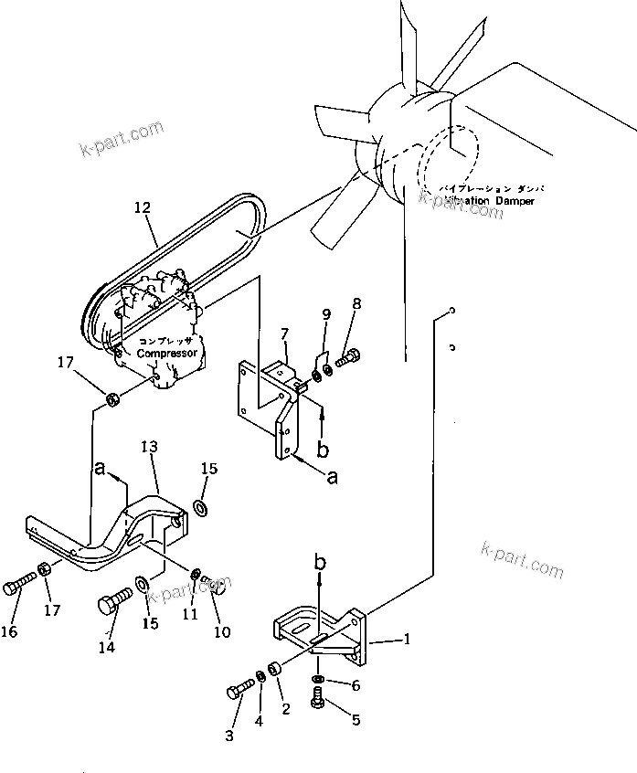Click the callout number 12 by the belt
[142, 209]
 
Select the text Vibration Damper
[489, 200]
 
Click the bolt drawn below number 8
[348, 359]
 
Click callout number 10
[221, 631]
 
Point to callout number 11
[189, 615]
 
